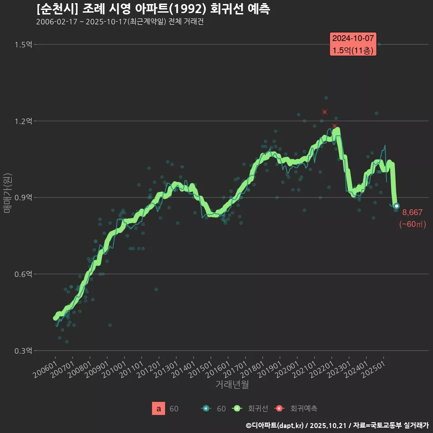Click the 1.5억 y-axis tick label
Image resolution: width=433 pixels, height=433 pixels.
pyautogui.click(x=23, y=44)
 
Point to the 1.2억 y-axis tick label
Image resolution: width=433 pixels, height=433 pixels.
pyautogui.click(x=23, y=121)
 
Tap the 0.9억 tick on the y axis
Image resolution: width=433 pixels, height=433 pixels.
pyautogui.click(x=23, y=198)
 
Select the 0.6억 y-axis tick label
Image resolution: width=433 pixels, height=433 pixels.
pyautogui.click(x=23, y=274)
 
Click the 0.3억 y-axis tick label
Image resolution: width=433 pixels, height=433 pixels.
pyautogui.click(x=23, y=350)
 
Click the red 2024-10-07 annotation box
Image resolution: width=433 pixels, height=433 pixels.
pyautogui.click(x=353, y=44)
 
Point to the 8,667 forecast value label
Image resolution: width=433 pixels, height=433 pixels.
pyautogui.click(x=412, y=212)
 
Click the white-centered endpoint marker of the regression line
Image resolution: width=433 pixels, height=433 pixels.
pyautogui.click(x=396, y=206)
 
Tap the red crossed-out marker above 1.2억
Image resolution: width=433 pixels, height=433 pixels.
pyautogui.click(x=325, y=112)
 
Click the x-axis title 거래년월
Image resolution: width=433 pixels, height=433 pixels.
pyautogui.click(x=232, y=384)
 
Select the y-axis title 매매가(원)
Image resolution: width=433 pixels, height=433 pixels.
pyautogui.click(x=8, y=193)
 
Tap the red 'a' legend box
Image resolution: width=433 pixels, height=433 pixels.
pyautogui.click(x=158, y=409)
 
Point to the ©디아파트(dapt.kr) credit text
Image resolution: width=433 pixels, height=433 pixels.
pyautogui.click(x=276, y=425)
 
